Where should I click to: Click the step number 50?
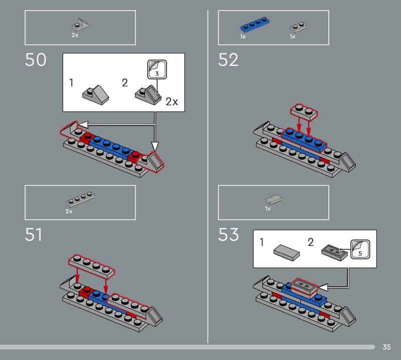[x=36, y=60]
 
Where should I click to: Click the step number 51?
[x=34, y=235]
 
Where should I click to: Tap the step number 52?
[x=228, y=60]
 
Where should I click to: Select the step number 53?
[x=229, y=235]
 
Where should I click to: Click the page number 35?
[x=386, y=347]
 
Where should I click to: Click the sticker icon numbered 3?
[x=157, y=69]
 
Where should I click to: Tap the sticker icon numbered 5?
[x=360, y=249]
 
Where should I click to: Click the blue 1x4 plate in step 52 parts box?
[x=255, y=25]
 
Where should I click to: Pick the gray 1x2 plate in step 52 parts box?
[x=298, y=27]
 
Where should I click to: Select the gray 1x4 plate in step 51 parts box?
[x=80, y=199]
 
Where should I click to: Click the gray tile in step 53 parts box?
[x=274, y=200]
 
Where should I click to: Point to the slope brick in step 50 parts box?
[x=80, y=26]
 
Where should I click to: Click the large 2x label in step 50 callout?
[x=172, y=102]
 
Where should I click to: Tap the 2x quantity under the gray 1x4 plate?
[x=69, y=212]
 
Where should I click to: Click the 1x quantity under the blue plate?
[x=243, y=37]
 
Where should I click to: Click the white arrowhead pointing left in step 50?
[x=83, y=125]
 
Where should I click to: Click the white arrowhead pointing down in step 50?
[x=155, y=146]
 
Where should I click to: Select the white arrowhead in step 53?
[x=323, y=287]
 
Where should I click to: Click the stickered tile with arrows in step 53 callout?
[x=334, y=253]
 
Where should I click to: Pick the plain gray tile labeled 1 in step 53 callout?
[x=287, y=253]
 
